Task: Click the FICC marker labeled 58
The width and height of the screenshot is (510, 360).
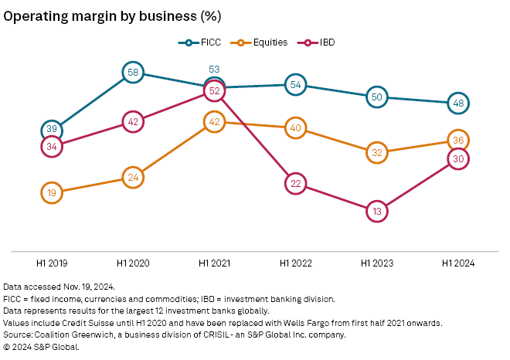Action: tap(133, 73)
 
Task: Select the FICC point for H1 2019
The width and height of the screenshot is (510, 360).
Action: tap(52, 129)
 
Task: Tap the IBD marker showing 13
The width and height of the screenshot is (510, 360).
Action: tap(376, 210)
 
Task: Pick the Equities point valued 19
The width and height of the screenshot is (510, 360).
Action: tap(52, 192)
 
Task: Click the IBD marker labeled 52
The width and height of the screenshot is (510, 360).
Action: tap(214, 90)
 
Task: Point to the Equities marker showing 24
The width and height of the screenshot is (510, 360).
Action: tap(133, 177)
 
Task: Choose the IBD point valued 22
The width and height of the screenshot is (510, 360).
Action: tap(295, 183)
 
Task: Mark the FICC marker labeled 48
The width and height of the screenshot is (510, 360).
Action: tap(457, 103)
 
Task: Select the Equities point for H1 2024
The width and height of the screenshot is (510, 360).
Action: tap(457, 140)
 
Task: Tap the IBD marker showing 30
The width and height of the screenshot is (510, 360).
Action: tap(457, 158)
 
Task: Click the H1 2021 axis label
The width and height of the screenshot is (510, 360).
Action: tap(214, 263)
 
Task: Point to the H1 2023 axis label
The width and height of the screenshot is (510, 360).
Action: tap(376, 263)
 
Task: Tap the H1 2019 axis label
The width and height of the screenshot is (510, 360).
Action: tap(52, 263)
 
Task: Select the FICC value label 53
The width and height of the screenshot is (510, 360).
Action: tap(214, 70)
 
